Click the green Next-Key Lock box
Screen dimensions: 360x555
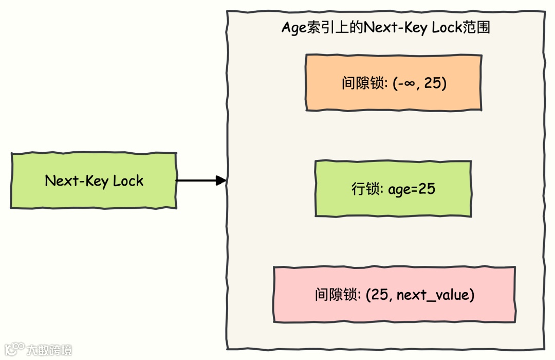pos(94,181)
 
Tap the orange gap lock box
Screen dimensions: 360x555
pos(393,83)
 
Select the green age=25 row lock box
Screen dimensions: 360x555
pos(393,189)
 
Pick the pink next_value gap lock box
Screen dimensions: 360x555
pos(394,295)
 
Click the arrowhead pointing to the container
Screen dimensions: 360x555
pos(221,181)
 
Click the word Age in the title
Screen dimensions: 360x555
pos(293,28)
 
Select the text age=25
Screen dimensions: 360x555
pos(412,189)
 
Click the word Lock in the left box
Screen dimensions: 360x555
pos(128,181)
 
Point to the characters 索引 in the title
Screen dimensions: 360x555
pos(320,27)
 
